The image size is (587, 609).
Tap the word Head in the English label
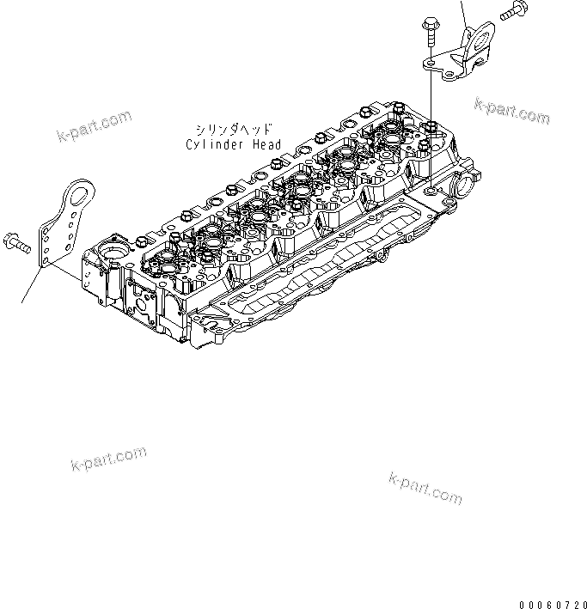tap(266, 144)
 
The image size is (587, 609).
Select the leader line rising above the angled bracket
tap(463, 10)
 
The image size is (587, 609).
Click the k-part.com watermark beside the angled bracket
tap(511, 110)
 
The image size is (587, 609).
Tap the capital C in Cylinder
tap(190, 144)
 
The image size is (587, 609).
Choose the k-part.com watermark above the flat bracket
tap(95, 125)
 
